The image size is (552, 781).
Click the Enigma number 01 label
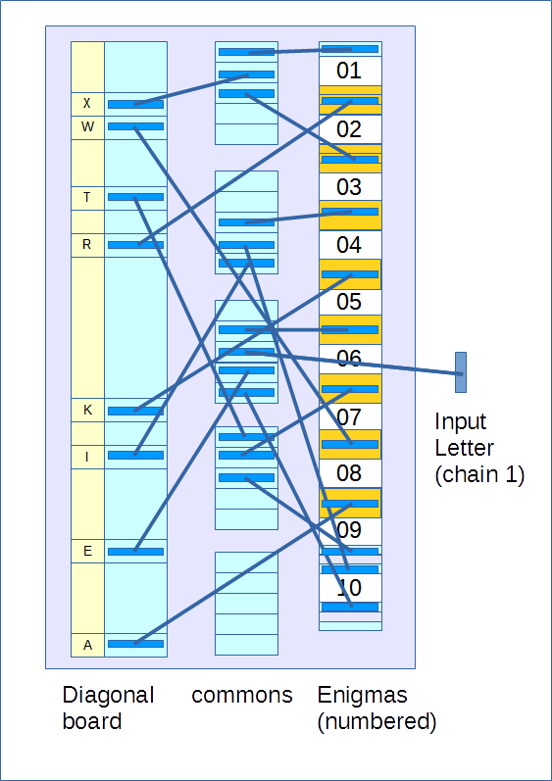349,71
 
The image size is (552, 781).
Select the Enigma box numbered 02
349,129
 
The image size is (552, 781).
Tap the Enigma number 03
349,187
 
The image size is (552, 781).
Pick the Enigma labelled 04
349,245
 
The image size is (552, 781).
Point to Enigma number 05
349,302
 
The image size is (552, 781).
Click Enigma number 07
349,416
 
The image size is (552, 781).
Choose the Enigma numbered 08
349,473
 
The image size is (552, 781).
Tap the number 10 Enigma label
349,588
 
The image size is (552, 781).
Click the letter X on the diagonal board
87,104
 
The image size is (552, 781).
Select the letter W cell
87,127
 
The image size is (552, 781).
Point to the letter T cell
87,198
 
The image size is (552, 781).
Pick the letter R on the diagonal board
87,245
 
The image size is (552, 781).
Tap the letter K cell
87,410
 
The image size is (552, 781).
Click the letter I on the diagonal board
87,457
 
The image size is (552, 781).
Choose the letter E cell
87,551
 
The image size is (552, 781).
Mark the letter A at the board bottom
87,645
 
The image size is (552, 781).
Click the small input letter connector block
461,372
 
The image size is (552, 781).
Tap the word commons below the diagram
242,696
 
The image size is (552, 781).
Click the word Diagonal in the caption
108,696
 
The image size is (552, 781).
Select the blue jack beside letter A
135,644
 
